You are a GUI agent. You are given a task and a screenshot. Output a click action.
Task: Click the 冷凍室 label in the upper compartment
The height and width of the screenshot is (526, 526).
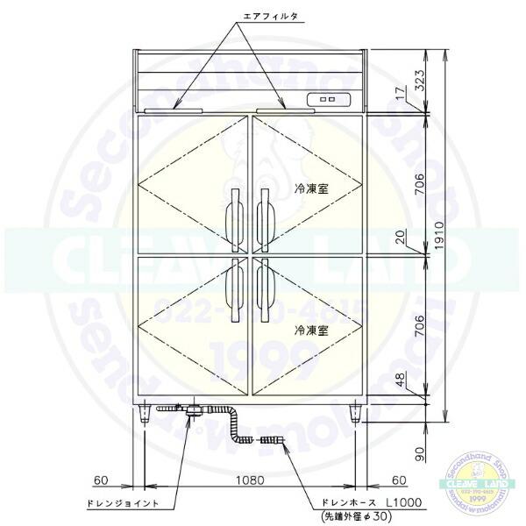pos(311,188)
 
